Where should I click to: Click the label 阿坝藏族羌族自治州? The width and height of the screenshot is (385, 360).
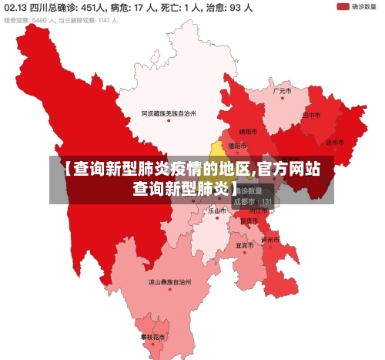[169, 113]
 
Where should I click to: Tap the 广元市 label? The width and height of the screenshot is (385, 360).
[283, 90]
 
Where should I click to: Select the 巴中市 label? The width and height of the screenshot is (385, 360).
[311, 115]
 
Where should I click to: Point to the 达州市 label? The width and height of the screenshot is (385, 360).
[334, 142]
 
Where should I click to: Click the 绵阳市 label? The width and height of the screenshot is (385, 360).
[248, 131]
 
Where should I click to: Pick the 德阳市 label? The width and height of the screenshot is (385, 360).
[238, 145]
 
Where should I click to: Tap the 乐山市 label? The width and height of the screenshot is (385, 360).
[217, 210]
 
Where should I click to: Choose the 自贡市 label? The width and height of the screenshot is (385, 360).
[249, 220]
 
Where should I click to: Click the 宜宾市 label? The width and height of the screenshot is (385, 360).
[245, 245]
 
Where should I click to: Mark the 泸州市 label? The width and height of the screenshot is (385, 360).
[271, 239]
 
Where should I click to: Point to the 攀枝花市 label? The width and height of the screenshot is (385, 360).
[152, 337]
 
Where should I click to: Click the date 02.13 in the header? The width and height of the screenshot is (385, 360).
[15, 8]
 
